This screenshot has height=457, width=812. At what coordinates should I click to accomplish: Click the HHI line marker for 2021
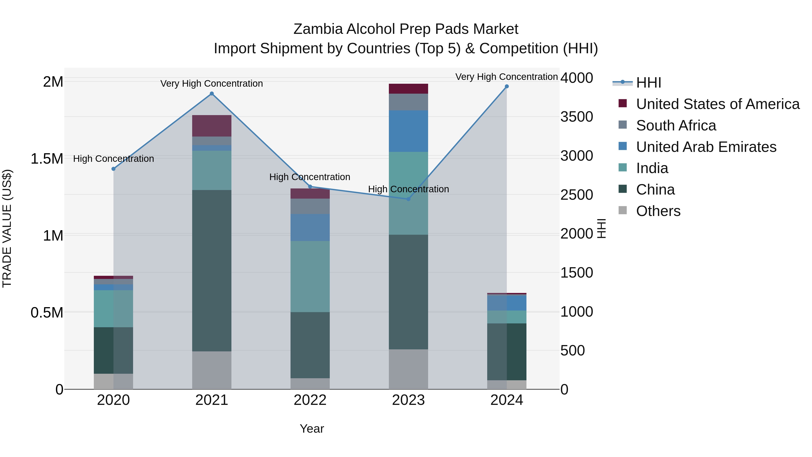pos(212,94)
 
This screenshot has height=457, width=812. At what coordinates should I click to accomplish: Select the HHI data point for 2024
pos(507,86)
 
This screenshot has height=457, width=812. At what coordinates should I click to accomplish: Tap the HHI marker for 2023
pos(408,199)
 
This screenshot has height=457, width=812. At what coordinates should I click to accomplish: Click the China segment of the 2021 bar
pos(212,271)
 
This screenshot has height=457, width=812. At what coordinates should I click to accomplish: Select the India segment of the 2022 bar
pos(310,277)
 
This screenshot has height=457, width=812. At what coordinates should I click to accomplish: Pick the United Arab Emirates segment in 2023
pos(408,131)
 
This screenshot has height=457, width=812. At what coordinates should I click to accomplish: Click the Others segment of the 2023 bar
pos(408,369)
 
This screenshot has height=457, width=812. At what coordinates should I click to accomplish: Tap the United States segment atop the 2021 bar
pos(212,126)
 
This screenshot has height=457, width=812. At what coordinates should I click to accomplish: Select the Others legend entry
pos(658,211)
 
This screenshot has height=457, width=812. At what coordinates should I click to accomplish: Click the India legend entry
pos(652,168)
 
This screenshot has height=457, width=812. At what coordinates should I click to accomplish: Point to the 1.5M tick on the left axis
pos(47,159)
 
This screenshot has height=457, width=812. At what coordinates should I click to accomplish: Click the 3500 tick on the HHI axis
pos(577,117)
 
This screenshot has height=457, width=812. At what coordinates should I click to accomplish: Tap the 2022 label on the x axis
pos(310,400)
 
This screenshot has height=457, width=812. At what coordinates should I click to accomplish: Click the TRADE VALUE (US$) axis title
pos(7,228)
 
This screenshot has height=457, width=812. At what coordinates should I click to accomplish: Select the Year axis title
pos(312,429)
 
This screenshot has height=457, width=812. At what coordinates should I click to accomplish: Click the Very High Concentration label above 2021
pos(212,84)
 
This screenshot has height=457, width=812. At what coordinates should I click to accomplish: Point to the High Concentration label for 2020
pos(113,159)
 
